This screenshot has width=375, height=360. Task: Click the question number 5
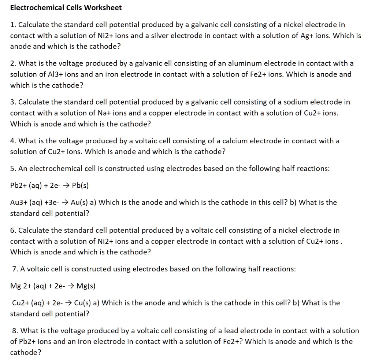[x=13, y=169]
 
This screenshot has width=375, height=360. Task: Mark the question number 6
[x=13, y=231]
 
